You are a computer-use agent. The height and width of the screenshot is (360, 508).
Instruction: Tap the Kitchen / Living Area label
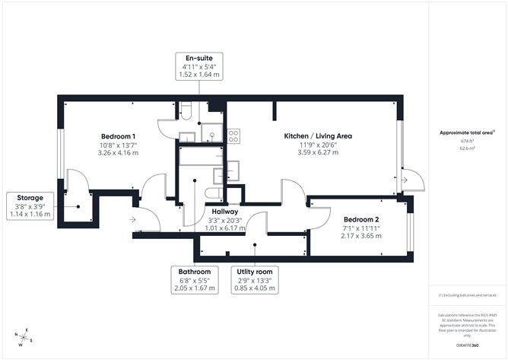pyautogui.click(x=318, y=135)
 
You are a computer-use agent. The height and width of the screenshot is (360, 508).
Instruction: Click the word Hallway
pyautogui.click(x=225, y=211)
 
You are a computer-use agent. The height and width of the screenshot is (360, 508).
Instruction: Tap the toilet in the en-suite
pyautogui.click(x=186, y=110)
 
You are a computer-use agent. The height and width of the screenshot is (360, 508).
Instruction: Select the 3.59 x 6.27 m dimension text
pyautogui.click(x=318, y=152)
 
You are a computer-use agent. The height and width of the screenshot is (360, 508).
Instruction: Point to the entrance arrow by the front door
pyautogui.click(x=134, y=220)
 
